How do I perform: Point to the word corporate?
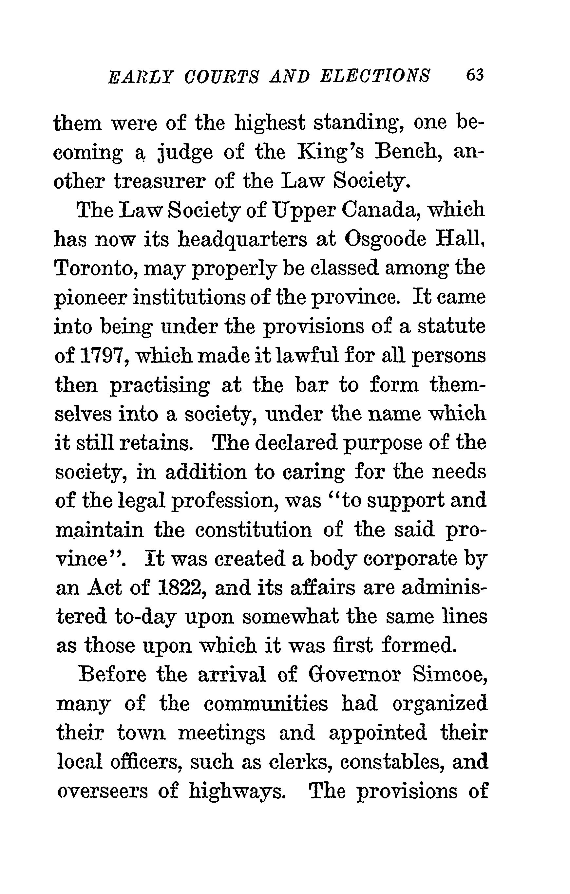click(409, 559)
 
